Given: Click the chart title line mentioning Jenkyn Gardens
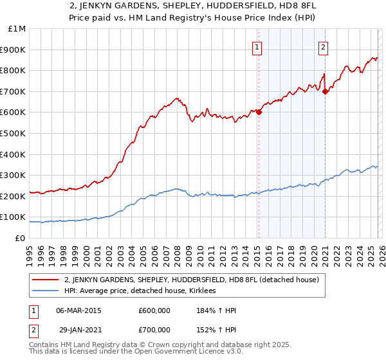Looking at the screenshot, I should pyautogui.click(x=192, y=6).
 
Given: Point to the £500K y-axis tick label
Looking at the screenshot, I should pyautogui.click(x=14, y=133).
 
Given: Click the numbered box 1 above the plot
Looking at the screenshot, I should pyautogui.click(x=257, y=46).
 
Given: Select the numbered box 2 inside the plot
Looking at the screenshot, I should pyautogui.click(x=323, y=46).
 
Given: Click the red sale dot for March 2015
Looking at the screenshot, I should pyautogui.click(x=259, y=112).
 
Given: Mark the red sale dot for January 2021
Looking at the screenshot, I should pyautogui.click(x=326, y=91).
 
